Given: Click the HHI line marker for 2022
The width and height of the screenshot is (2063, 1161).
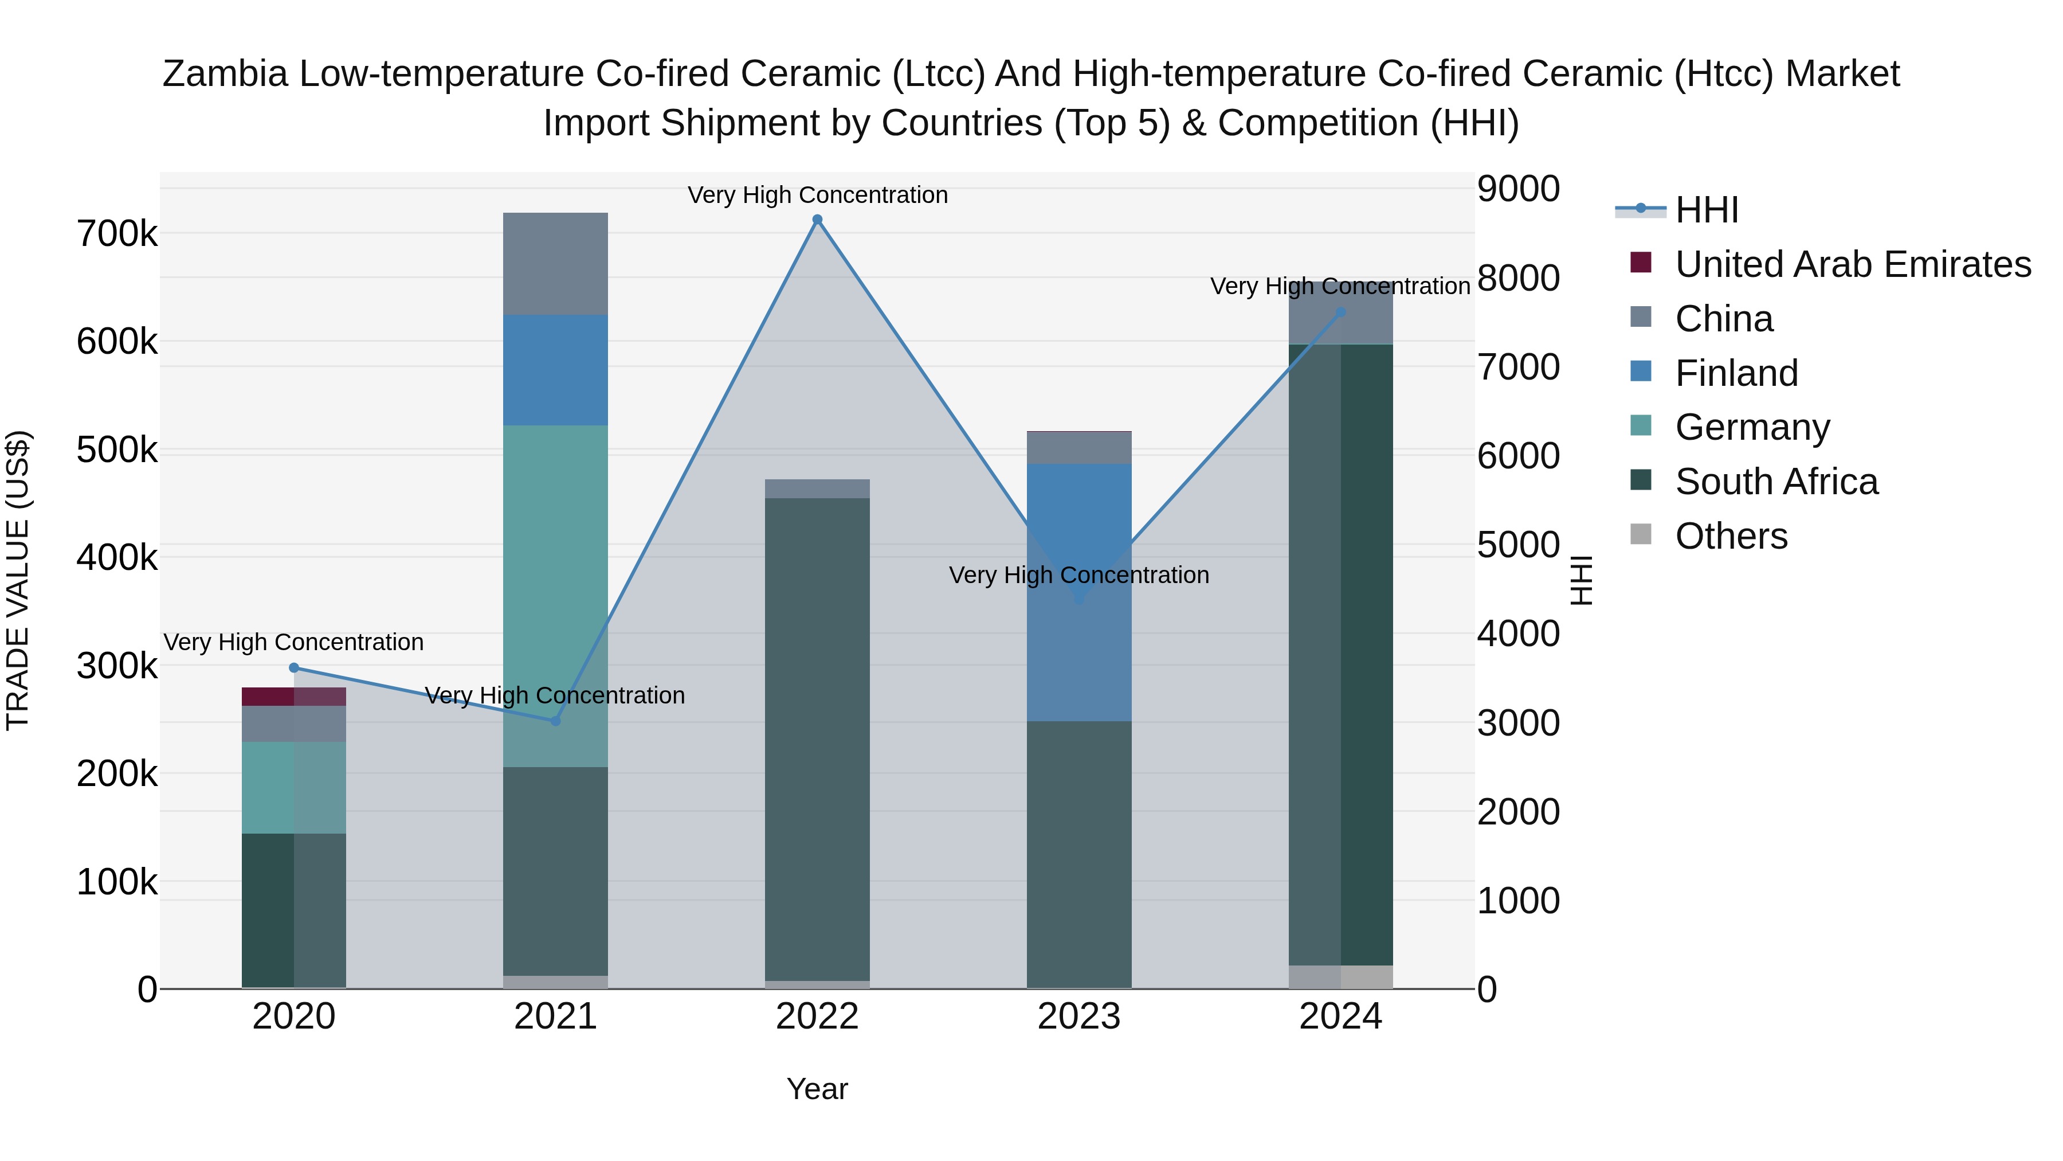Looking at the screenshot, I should click(x=817, y=220).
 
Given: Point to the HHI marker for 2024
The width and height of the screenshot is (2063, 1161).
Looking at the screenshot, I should click(x=1340, y=312).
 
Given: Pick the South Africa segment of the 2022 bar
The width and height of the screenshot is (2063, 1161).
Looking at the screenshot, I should click(x=817, y=737).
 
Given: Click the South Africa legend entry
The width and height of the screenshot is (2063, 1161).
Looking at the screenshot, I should click(x=1775, y=482).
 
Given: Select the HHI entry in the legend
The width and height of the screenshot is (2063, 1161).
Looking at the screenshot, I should click(x=1706, y=210).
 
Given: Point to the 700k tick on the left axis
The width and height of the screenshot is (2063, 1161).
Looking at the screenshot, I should click(x=117, y=234).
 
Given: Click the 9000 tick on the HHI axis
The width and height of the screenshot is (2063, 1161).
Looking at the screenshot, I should click(x=1517, y=189).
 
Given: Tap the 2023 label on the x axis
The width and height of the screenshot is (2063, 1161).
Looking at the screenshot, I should click(x=1078, y=1017).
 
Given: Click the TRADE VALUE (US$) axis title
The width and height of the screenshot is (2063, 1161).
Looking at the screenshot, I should click(x=18, y=580).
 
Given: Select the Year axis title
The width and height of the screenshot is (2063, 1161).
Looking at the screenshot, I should click(x=817, y=1089).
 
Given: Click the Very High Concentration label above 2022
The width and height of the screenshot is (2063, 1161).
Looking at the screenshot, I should click(x=817, y=195).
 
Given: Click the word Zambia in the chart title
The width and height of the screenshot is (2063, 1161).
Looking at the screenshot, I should click(x=225, y=75).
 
